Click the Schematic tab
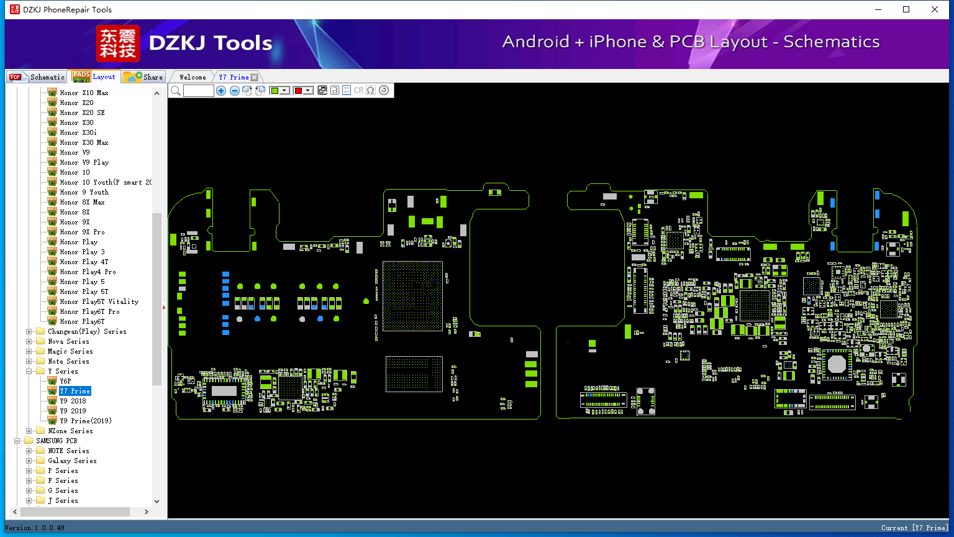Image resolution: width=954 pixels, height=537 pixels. point(37,77)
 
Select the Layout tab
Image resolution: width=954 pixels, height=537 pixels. point(94,76)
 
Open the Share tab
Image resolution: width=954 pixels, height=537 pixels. point(143,77)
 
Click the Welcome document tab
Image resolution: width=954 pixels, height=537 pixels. point(193,77)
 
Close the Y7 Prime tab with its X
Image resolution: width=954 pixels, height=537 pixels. point(254,77)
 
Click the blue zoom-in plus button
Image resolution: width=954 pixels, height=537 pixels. point(220,90)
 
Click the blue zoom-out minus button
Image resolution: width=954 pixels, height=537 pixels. point(234,90)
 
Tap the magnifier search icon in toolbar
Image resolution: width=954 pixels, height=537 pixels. point(176,90)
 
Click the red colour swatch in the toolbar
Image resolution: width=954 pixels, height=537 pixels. point(298,90)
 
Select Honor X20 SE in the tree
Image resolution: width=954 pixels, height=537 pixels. point(82,112)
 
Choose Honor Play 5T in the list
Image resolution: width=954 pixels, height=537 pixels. point(84,291)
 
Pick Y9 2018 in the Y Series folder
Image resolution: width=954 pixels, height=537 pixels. point(73,401)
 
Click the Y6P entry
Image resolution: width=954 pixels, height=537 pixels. point(65,381)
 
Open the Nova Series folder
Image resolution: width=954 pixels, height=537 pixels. point(68,341)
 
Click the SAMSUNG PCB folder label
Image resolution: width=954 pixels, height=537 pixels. point(57,441)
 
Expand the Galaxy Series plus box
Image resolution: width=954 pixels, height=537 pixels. point(29,461)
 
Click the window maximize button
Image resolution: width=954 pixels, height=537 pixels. point(906,9)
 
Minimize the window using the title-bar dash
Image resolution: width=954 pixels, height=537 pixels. point(878,9)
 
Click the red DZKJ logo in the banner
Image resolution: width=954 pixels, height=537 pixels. point(117,43)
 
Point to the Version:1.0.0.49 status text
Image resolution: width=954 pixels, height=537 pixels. point(35,528)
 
